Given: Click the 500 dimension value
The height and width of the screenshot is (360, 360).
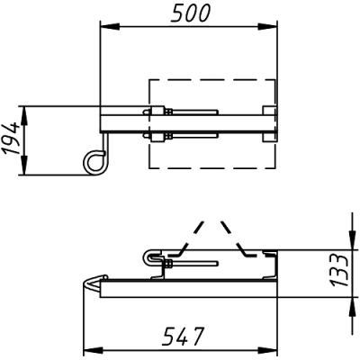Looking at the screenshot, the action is pos(191,13).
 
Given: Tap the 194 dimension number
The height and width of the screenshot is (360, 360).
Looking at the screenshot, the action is pos(12,139).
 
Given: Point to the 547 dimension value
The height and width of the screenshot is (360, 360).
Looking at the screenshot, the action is pos(183,336).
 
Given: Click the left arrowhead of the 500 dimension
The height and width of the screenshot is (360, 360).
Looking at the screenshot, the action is pos(110,27).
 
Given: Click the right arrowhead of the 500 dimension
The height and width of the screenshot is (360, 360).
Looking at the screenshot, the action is pos(267,27).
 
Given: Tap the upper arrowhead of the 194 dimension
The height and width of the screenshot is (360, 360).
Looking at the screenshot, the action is pos(24,116).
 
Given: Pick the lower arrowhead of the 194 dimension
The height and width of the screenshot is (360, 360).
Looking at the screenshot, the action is pos(24,165).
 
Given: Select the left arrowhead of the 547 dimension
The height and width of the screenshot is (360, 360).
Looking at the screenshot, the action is pos(93,350).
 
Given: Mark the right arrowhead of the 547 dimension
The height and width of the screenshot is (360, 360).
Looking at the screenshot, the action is pos(267,350).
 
